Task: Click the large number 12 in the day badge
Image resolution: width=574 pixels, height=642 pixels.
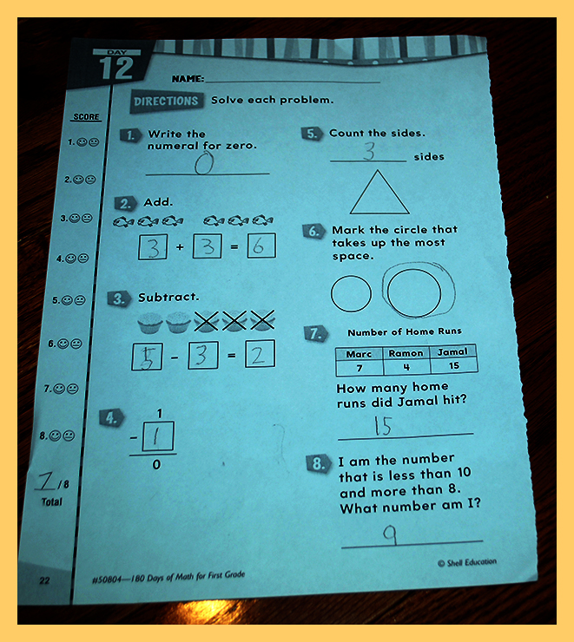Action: tap(116, 68)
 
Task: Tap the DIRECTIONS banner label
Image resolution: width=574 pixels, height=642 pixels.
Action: tap(166, 102)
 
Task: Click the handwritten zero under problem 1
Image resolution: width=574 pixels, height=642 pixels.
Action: tap(204, 163)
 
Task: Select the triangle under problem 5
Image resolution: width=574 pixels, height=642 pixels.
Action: tap(379, 193)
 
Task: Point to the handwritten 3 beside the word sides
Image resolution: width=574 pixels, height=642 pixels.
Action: tap(369, 151)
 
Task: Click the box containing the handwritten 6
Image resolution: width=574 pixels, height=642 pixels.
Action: tap(261, 246)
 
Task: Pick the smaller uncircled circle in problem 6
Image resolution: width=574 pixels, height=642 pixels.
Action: tap(351, 294)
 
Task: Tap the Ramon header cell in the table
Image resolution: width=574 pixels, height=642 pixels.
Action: tap(406, 353)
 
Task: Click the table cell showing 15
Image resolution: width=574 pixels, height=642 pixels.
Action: tap(454, 365)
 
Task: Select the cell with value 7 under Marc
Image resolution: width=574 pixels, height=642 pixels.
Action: tap(360, 368)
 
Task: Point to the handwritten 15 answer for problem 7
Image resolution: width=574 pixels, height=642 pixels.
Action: tap(383, 426)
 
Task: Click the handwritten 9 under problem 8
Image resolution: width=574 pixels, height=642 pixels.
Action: tap(390, 534)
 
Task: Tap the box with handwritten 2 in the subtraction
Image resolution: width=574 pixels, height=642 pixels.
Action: tap(261, 354)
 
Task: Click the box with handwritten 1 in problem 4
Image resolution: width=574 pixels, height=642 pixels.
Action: tap(158, 436)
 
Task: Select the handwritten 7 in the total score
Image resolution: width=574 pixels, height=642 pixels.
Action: tap(46, 481)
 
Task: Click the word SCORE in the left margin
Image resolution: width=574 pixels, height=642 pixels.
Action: tap(86, 117)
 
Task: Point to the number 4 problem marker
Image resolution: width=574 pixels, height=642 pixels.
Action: tap(111, 417)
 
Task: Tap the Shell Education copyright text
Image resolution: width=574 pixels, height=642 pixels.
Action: tap(467, 562)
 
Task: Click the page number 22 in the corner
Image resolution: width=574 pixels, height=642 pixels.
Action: tap(44, 580)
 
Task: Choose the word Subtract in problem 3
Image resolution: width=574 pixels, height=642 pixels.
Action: tap(168, 298)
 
